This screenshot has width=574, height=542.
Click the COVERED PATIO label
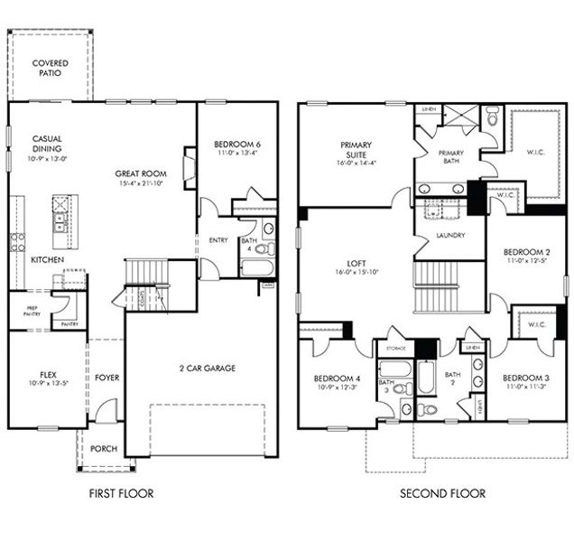coord(50,68)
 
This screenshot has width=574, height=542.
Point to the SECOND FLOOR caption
coord(443,493)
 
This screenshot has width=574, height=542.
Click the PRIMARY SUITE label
coord(356,150)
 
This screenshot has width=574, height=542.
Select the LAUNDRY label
coord(449,236)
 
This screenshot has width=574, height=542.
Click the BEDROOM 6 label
coord(236,145)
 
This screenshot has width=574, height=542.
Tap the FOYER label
coord(106,377)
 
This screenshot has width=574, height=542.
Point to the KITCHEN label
coord(47,259)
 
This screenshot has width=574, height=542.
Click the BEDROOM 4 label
coord(338,378)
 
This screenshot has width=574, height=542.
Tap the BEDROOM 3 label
coord(526,378)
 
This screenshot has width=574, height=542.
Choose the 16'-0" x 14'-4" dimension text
coord(356,164)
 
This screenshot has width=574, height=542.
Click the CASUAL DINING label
coord(47,145)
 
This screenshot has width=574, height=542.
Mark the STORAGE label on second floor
coord(395,348)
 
